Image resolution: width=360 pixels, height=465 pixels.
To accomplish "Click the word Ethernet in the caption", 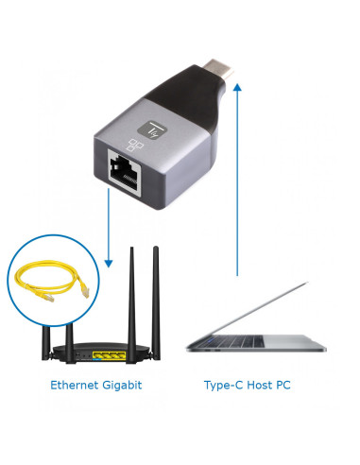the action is [74, 385].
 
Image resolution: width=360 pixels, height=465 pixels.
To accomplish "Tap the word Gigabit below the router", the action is [122, 386].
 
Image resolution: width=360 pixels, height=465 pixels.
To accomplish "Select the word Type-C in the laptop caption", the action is [223, 385].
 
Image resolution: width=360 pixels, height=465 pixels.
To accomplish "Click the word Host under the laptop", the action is [260, 385].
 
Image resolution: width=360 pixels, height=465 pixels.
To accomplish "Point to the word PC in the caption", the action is [283, 385].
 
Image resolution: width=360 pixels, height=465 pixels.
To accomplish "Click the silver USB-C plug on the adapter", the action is [217, 68].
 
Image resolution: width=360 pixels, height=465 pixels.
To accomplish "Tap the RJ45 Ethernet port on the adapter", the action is [124, 173].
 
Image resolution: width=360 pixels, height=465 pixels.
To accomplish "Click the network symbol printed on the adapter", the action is [135, 145].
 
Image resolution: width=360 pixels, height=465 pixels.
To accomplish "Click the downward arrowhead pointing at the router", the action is [109, 264].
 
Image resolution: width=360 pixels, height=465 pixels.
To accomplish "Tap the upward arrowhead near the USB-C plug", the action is [237, 87].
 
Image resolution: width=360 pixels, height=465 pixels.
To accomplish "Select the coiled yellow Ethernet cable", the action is [52, 281].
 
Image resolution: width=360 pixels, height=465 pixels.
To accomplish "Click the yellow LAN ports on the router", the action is [110, 355].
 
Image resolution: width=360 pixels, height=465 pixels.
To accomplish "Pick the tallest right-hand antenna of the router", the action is [156, 303].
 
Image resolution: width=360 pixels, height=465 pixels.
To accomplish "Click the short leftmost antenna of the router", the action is [46, 343].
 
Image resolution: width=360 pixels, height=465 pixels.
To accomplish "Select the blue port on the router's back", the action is [96, 359].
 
